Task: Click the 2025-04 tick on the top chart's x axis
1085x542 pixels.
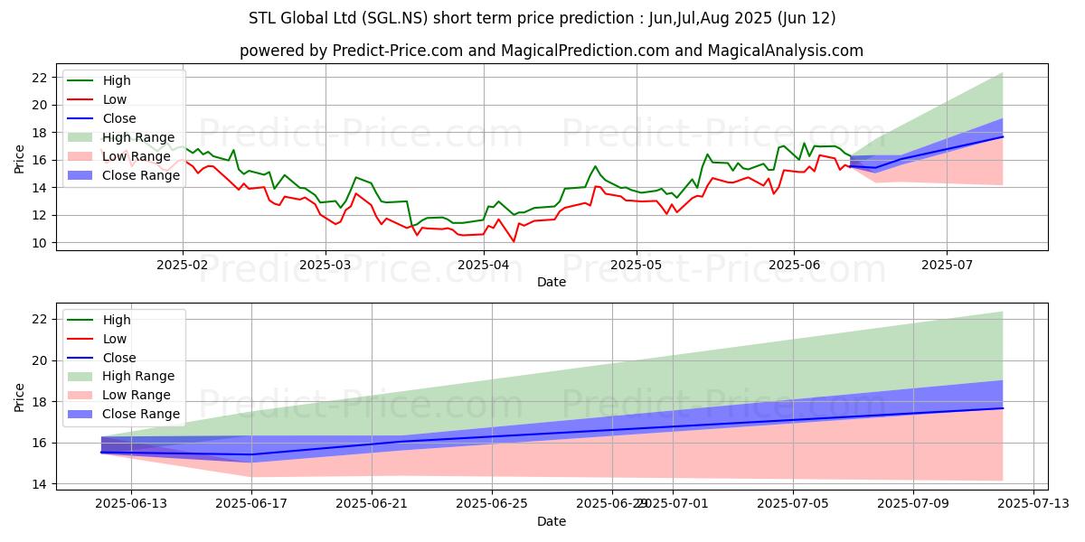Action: pos(483,265)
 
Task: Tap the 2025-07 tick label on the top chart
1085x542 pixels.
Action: pos(947,265)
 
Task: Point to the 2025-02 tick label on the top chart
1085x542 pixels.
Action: pos(183,265)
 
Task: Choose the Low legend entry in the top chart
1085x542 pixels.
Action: pos(115,99)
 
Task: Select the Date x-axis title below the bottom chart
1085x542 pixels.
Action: pos(552,521)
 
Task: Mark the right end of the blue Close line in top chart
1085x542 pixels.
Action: pos(1002,136)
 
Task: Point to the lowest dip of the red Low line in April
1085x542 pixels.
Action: pos(514,241)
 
